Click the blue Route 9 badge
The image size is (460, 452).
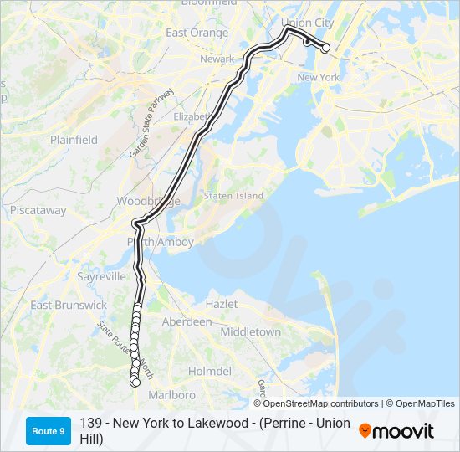[49, 430]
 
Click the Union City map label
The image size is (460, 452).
[307, 22]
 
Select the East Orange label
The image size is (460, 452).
[197, 33]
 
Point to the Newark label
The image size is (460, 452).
[217, 59]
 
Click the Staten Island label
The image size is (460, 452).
[233, 196]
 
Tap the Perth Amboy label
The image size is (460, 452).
[161, 242]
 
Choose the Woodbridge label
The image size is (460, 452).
[148, 202]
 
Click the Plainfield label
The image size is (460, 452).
[74, 140]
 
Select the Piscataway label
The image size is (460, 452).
[38, 211]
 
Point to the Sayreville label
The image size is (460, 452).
[101, 276]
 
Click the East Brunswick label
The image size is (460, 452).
[69, 306]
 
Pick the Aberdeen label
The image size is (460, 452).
[187, 321]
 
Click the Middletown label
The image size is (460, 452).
[251, 332]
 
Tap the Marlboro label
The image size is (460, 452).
[171, 394]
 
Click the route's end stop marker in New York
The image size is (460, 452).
[326, 48]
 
